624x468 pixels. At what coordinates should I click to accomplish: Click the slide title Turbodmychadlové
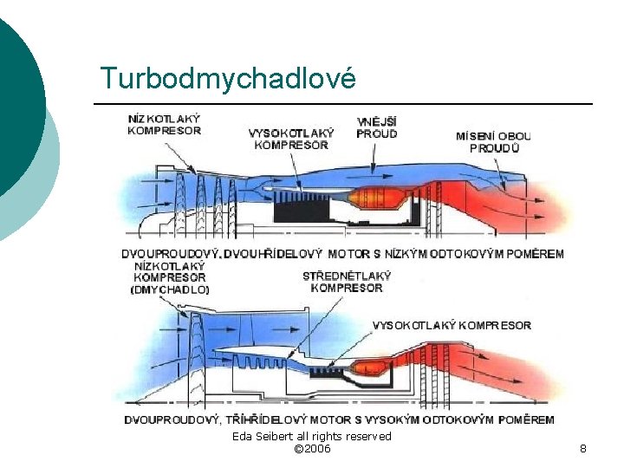coord(228,78)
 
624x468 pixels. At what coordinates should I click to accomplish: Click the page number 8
coord(582,448)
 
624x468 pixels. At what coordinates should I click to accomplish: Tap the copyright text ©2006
coord(312,448)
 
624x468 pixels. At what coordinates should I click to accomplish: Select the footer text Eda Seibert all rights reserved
coord(312,436)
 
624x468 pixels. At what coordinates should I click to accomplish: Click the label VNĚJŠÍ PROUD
coord(377,127)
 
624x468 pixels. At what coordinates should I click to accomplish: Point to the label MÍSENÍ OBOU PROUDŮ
coord(493,142)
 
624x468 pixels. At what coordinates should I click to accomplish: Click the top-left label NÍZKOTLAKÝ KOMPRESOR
coord(164,125)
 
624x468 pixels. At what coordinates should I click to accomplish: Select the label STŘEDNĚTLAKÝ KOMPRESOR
coord(347,282)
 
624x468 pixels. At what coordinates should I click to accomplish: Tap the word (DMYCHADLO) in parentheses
coord(170,289)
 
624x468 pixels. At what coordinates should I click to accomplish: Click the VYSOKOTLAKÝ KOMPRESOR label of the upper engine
coord(291,139)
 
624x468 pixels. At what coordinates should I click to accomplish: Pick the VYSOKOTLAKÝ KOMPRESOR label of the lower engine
coord(452,325)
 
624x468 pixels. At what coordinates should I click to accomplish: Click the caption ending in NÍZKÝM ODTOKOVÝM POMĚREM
coord(342,254)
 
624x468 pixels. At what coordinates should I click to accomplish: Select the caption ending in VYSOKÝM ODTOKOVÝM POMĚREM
coord(339,419)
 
